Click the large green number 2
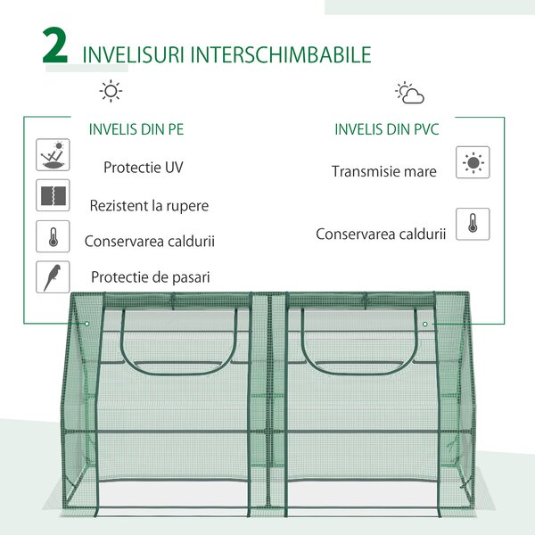coord(55,45)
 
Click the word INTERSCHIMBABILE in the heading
coord(281,54)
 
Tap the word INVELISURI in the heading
coord(134,54)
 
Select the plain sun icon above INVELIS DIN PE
coord(111,91)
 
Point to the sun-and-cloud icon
coord(409,93)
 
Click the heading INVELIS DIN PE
coord(136,129)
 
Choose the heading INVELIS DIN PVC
coord(387,129)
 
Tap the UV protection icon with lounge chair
coord(53,154)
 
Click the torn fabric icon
coord(53,195)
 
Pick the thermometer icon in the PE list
coord(53,236)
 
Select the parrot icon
coord(53,276)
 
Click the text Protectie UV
coord(144,168)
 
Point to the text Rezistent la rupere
coord(149,206)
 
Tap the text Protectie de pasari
coord(150,277)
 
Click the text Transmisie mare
coord(383,171)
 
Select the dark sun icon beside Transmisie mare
coord(473,162)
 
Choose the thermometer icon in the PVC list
coord(473,224)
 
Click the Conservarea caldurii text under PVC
coord(381,234)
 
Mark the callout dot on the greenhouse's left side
coord(87,324)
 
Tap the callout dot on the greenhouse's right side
coord(424,324)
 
